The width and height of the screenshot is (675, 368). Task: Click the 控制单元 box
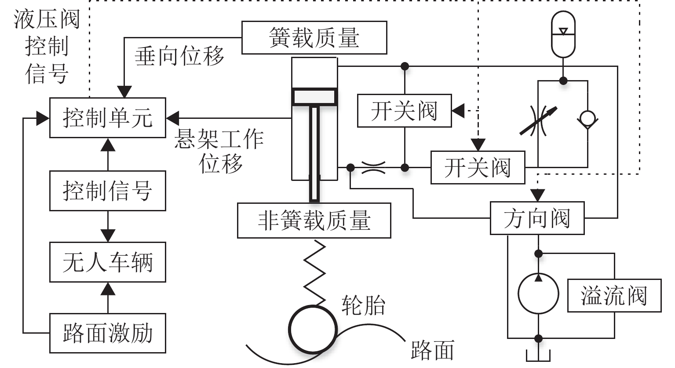tap(108, 118)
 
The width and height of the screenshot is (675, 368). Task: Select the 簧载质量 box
tap(314, 38)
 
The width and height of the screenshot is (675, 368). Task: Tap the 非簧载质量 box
tap(314, 220)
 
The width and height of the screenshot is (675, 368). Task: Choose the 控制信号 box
tap(108, 191)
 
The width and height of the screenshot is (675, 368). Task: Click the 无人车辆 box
tap(108, 262)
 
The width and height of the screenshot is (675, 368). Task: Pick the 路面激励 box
tap(108, 333)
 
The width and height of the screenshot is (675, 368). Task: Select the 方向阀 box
tap(537, 218)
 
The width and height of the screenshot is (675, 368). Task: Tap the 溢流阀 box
tap(614, 295)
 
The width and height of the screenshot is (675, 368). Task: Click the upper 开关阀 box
tap(404, 110)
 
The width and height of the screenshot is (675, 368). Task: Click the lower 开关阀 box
tap(478, 168)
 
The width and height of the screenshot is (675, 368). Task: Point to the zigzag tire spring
tap(315, 273)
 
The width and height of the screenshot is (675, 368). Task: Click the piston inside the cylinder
tap(315, 97)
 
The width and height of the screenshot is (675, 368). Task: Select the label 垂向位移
tap(179, 56)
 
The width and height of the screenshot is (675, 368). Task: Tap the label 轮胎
tap(363, 305)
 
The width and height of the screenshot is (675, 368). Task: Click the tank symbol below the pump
tap(538, 355)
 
